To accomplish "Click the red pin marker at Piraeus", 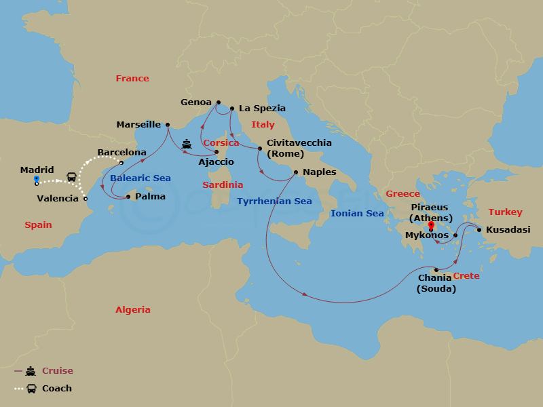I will pyautogui.click(x=431, y=221).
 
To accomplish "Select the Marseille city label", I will pyautogui.click(x=138, y=124).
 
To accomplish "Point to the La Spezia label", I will pyautogui.click(x=261, y=108).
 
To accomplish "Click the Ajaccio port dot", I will pyautogui.click(x=217, y=151).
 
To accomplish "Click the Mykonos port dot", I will pyautogui.click(x=455, y=235).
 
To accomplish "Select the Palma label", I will pyautogui.click(x=149, y=197).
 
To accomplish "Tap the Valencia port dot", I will pyautogui.click(x=85, y=199).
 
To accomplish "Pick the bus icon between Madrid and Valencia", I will pyautogui.click(x=71, y=177).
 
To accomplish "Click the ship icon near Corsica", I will pyautogui.click(x=187, y=144).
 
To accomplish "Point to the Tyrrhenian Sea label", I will pyautogui.click(x=274, y=201).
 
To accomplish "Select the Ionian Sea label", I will pyautogui.click(x=356, y=213).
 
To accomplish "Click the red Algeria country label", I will pyautogui.click(x=132, y=309).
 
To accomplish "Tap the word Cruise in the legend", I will pyautogui.click(x=58, y=371).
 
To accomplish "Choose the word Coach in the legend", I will pyautogui.click(x=57, y=389).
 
